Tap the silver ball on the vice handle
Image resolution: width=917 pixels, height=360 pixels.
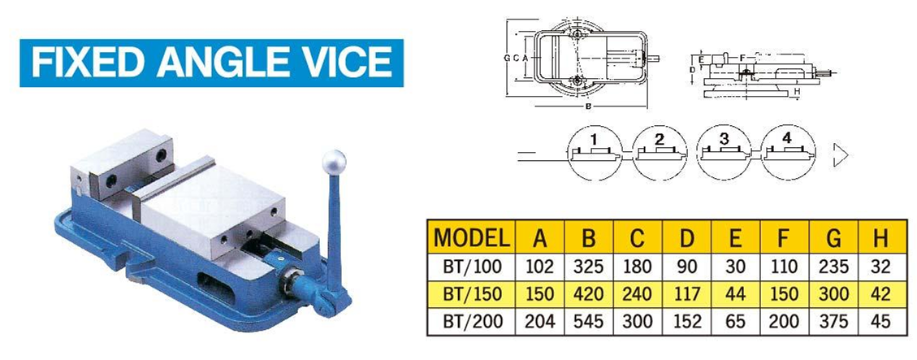pyautogui.click(x=334, y=162)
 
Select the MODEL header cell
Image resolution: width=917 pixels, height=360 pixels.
pyautogui.click(x=471, y=237)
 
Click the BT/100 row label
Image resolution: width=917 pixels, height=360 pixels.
pyautogui.click(x=472, y=267)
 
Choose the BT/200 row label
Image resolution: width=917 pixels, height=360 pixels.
pyautogui.click(x=472, y=321)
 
